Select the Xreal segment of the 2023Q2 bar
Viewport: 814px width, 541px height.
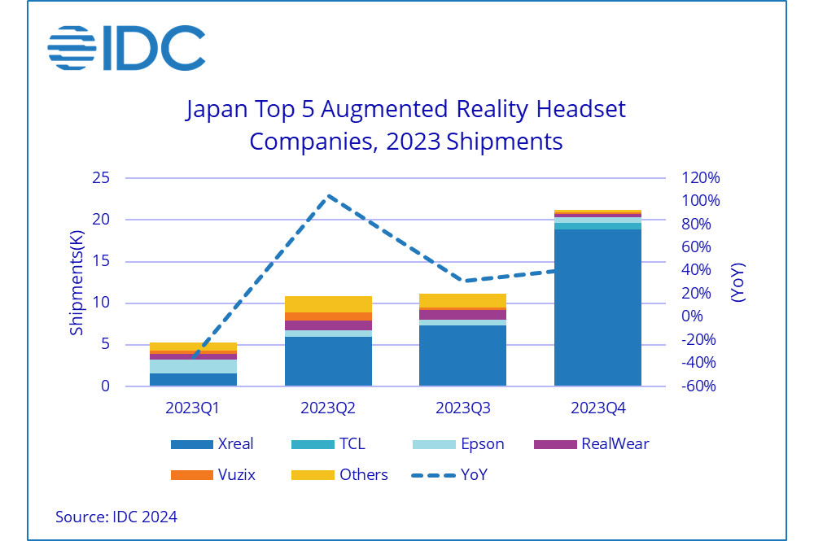(328, 361)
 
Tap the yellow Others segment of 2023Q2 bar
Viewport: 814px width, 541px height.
(328, 304)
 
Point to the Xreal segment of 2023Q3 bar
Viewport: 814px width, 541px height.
(462, 356)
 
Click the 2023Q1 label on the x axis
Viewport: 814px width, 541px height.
(193, 406)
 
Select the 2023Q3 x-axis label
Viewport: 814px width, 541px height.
(462, 406)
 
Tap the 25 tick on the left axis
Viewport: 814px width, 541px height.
(103, 178)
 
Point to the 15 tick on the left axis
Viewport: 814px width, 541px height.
(103, 262)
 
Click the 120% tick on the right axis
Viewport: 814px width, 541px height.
(701, 178)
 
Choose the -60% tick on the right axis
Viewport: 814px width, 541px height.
(699, 386)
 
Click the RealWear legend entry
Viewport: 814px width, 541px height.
(591, 444)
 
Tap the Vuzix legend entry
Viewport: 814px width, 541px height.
(215, 474)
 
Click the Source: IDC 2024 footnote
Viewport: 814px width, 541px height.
(116, 517)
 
